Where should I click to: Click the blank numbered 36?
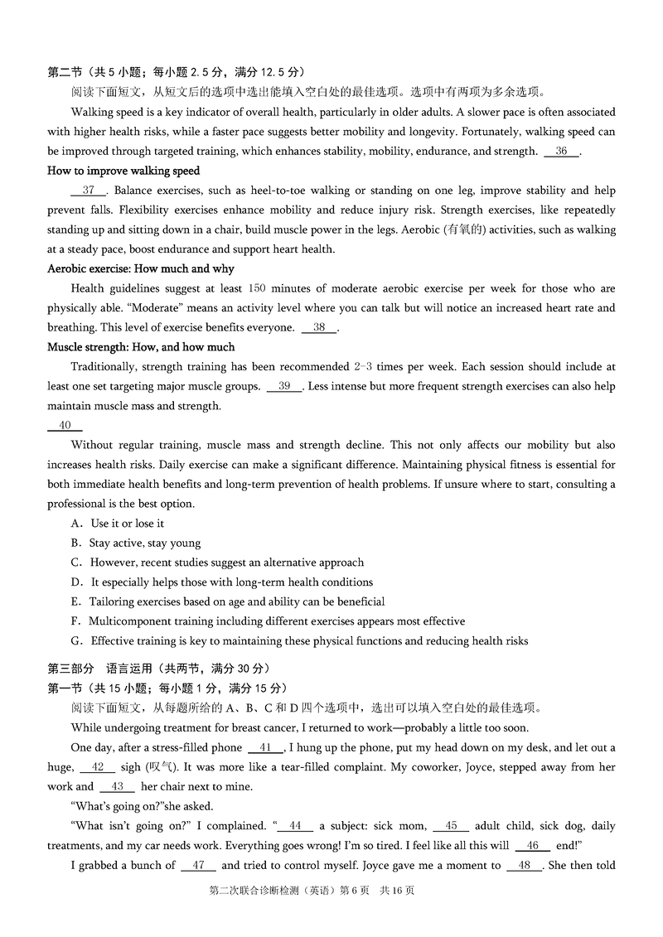[561, 152]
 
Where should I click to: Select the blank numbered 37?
[89, 191]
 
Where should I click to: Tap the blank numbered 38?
[319, 328]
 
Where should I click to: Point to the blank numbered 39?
[284, 387]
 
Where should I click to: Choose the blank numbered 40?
[65, 426]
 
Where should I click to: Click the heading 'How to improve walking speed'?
[123, 171]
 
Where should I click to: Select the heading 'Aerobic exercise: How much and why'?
[141, 269]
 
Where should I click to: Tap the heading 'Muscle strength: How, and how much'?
[141, 347]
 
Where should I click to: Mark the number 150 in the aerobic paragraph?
[257, 289]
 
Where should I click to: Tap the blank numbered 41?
[265, 748]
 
